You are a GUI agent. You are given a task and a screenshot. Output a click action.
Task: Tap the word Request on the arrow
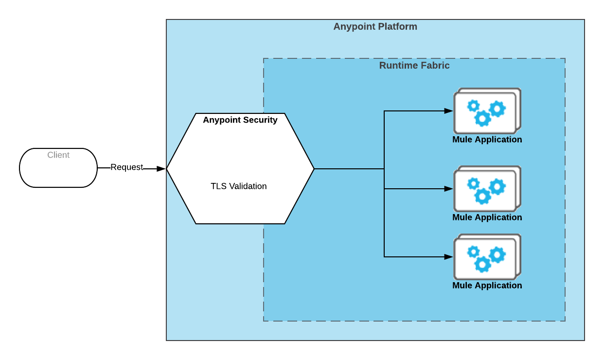click(126, 167)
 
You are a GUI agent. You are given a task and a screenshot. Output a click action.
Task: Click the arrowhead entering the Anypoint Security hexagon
click(161, 169)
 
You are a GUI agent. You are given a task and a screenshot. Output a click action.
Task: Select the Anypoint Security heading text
click(240, 120)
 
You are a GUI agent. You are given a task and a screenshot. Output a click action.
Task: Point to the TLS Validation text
click(238, 186)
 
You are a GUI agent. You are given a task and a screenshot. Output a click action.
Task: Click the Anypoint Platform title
click(375, 27)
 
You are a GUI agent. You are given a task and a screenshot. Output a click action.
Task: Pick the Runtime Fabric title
click(414, 66)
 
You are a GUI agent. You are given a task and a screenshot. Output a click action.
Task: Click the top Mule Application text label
click(487, 140)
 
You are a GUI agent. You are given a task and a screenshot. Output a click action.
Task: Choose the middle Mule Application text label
click(487, 217)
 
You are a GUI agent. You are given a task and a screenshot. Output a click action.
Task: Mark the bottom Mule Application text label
click(487, 286)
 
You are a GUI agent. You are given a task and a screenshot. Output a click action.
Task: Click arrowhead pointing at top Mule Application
click(449, 111)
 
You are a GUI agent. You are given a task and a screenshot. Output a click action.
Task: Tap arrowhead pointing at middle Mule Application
click(449, 189)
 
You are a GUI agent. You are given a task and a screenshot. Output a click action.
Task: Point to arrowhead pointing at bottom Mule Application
click(449, 257)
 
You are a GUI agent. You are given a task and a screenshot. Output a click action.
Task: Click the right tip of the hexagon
click(314, 169)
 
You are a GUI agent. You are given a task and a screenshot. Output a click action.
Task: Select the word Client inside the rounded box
click(58, 155)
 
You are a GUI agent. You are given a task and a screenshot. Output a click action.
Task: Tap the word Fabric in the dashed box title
click(436, 66)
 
